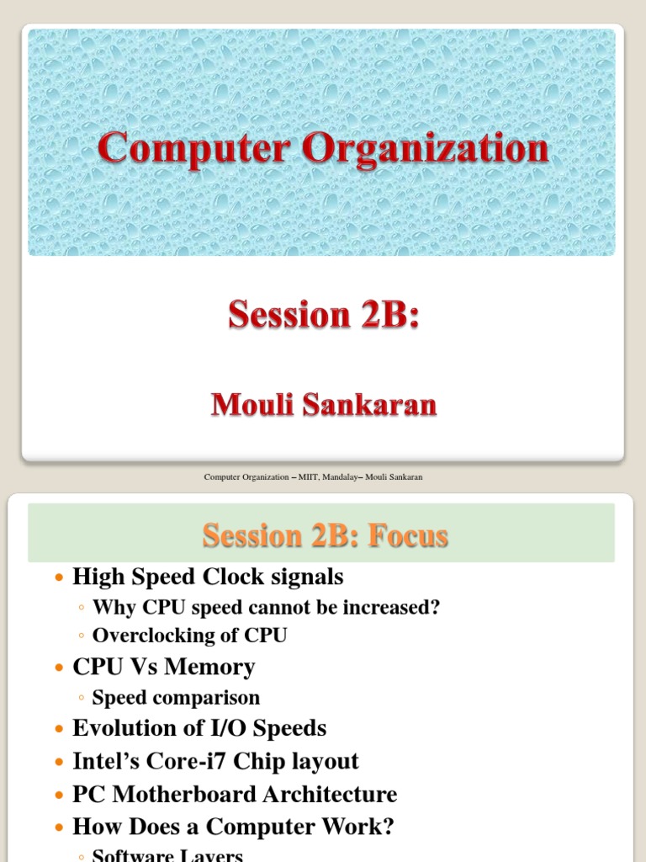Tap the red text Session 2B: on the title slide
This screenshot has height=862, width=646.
point(323,315)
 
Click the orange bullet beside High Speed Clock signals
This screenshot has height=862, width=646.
point(58,578)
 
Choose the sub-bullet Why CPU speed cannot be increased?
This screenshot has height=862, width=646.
point(266,607)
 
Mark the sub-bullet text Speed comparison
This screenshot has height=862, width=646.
point(176,697)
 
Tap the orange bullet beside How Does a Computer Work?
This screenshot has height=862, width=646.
point(58,828)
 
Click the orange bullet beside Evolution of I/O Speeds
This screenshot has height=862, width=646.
point(58,730)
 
